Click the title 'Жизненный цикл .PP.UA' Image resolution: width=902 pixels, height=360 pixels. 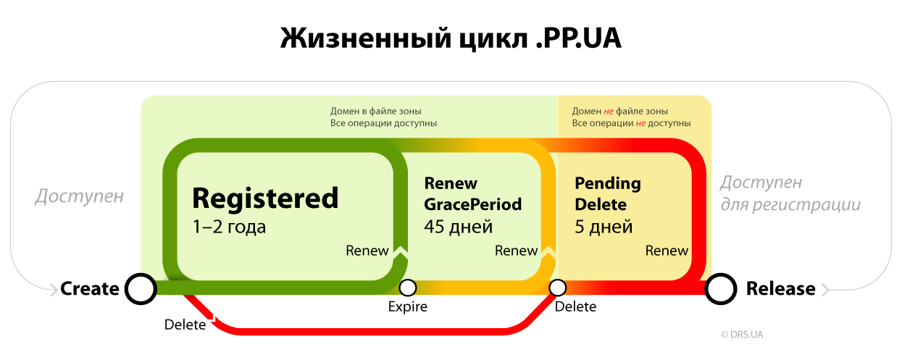click(x=451, y=38)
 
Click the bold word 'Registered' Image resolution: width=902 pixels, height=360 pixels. click(x=265, y=198)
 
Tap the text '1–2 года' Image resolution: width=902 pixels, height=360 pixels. click(x=229, y=227)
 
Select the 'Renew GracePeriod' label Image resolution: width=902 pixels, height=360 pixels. click(x=472, y=193)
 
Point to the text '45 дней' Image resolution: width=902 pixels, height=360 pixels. click(x=458, y=227)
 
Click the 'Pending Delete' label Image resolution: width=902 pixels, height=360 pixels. click(x=608, y=193)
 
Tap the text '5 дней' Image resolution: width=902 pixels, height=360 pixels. click(x=604, y=227)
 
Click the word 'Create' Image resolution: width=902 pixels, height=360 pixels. click(x=89, y=288)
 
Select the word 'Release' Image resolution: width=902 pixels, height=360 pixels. click(x=780, y=288)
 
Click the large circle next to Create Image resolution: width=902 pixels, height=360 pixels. click(x=140, y=288)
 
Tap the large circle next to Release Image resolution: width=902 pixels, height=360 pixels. click(x=722, y=288)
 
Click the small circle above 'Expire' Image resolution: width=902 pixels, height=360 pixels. click(x=408, y=288)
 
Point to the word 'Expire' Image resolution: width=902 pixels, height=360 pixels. click(x=408, y=306)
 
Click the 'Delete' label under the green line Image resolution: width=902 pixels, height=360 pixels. click(x=185, y=325)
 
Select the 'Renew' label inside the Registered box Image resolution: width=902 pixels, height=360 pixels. click(x=367, y=251)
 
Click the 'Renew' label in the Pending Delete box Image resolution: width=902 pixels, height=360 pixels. click(x=667, y=251)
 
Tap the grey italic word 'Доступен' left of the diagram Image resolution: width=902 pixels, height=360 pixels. click(x=80, y=196)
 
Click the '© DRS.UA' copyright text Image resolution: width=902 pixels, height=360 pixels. click(x=742, y=335)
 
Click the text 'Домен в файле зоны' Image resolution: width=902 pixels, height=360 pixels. click(x=375, y=112)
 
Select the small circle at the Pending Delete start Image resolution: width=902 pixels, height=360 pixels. click(x=557, y=288)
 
